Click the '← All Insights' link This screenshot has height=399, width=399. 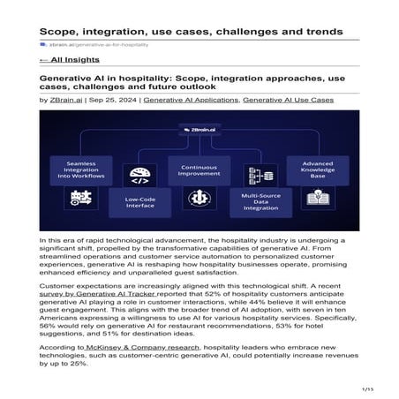click(69, 61)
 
